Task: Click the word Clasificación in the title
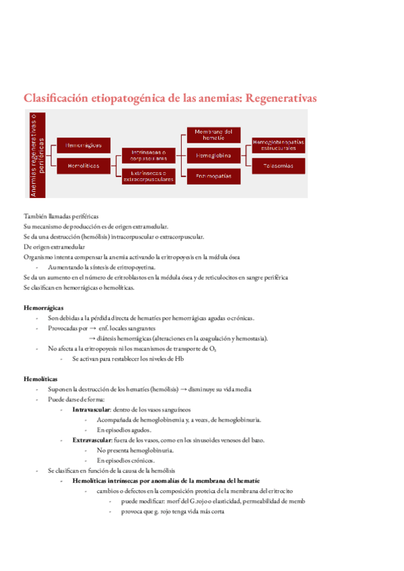pyautogui.click(x=56, y=98)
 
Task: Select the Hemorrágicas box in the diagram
pyautogui.click(x=84, y=145)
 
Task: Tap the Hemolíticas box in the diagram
pyautogui.click(x=84, y=165)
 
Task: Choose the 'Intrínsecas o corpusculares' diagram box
pyautogui.click(x=149, y=156)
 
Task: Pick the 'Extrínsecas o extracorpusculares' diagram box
pyautogui.click(x=149, y=176)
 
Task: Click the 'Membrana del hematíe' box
pyautogui.click(x=213, y=135)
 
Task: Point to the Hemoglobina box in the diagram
pyautogui.click(x=213, y=156)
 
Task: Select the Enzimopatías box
pyautogui.click(x=213, y=176)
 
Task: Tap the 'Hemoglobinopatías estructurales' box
pyautogui.click(x=279, y=145)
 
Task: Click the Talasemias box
pyautogui.click(x=279, y=165)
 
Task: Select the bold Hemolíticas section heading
pyautogui.click(x=40, y=379)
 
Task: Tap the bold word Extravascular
pyautogui.click(x=93, y=440)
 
